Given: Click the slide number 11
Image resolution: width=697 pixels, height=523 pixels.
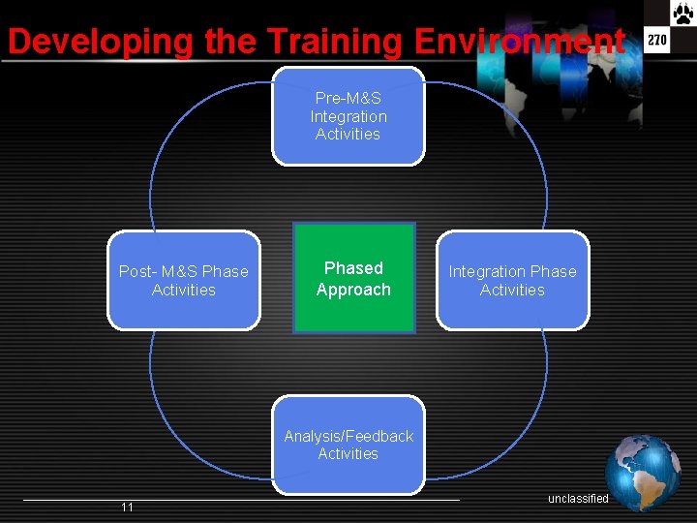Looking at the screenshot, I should pos(127,508).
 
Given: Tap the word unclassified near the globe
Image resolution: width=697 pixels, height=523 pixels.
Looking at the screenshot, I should pos(578,499).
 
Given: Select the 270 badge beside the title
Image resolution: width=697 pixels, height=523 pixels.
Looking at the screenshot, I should pos(657,42).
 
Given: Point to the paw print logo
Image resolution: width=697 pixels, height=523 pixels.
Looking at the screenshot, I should pos(683,13).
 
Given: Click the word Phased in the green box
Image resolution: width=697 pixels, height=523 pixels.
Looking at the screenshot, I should pos(353,268).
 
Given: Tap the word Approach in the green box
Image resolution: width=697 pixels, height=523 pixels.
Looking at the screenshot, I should pos(353,290).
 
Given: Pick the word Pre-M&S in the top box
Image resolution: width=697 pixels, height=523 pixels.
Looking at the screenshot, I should pos(348,98).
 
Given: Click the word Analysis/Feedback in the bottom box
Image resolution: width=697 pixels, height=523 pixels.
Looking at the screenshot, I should pos(348,436).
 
